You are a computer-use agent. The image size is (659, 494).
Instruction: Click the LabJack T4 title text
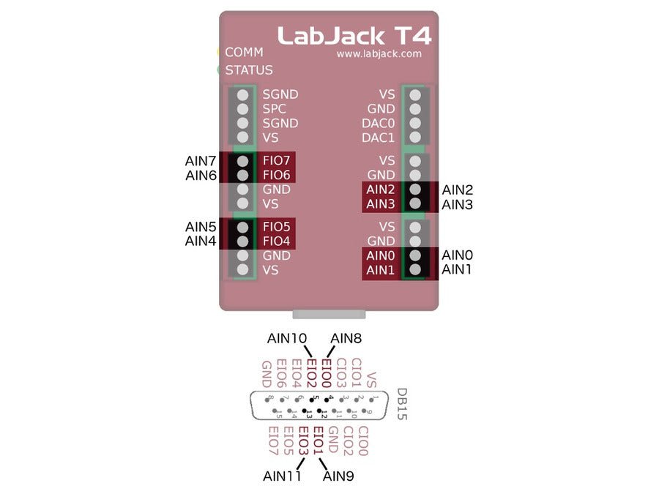(x=354, y=35)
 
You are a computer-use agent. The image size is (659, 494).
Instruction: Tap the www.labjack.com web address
(x=379, y=53)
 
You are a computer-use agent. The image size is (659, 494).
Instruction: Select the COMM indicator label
(x=244, y=53)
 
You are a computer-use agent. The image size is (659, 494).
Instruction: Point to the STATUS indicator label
(x=249, y=70)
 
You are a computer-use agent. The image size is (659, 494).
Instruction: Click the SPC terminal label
(x=275, y=109)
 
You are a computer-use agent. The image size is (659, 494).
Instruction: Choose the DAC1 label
(x=379, y=138)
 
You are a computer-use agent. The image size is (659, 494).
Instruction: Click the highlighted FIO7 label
(x=277, y=160)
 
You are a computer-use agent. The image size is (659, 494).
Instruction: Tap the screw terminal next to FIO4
(x=242, y=242)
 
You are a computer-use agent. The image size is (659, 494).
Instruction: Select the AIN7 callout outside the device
(x=201, y=160)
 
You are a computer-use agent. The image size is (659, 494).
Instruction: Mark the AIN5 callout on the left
(x=201, y=226)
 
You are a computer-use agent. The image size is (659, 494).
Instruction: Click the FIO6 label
(x=277, y=175)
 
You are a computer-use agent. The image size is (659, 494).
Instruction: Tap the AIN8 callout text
(x=346, y=338)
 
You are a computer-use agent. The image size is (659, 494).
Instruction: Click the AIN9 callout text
(x=339, y=476)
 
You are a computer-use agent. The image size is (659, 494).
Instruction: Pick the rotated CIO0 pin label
(x=364, y=441)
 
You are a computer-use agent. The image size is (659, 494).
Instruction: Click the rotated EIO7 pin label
(x=273, y=441)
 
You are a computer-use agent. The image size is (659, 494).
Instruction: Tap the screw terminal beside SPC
(x=242, y=109)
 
